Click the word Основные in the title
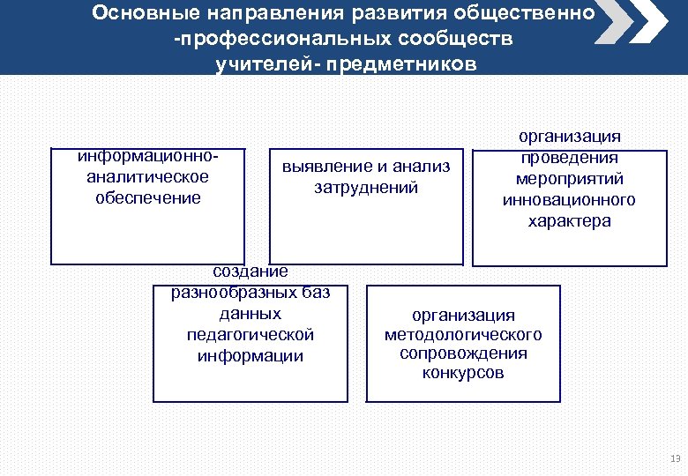pos(142,14)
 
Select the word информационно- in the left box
pos(148,155)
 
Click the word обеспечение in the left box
pos(148,197)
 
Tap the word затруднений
pos(366,188)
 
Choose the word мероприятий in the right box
pos(569,179)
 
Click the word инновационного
pos(569,200)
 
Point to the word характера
pos(569,221)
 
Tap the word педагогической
pos(251,335)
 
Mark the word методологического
pos(463,335)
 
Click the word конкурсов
pos(463,373)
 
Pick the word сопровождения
pos(463,353)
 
